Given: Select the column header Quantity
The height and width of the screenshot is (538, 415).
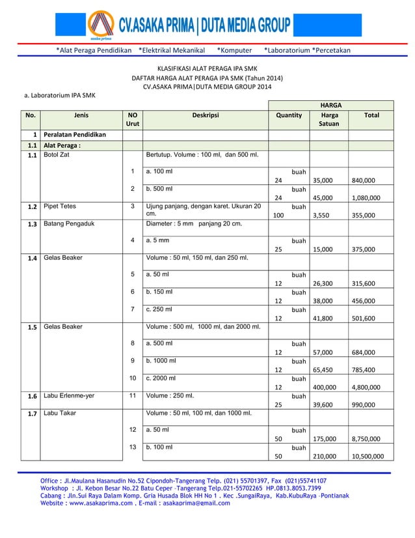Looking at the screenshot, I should coord(289,115).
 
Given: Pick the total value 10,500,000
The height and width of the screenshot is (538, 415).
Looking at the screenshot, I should coord(370,457).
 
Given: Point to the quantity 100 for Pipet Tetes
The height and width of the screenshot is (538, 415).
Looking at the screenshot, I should coord(279,214).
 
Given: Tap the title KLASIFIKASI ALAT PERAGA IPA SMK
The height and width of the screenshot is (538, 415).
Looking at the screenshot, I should coord(207,68).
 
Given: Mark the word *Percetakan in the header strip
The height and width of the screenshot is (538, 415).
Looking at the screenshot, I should coord(331,50).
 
